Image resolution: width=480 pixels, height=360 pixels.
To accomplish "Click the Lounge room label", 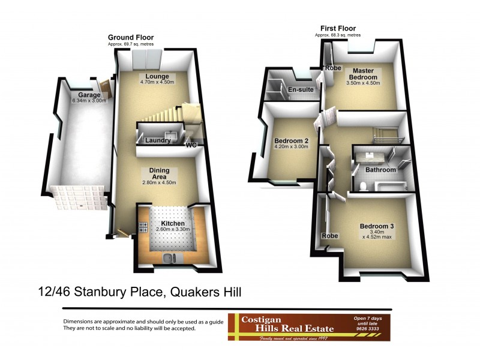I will coord(155,76).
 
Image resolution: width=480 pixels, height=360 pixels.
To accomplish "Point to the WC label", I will coord(191,145).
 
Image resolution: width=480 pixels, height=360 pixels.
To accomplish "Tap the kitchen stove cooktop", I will coord(143,227).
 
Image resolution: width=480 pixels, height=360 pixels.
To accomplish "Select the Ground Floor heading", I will coord(126,37).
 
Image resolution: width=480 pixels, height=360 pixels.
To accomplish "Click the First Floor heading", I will coord(338,28).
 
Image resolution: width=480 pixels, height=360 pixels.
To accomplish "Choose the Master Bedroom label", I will coord(364,74).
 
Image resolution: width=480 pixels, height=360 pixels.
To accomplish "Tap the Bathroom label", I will coord(381,170).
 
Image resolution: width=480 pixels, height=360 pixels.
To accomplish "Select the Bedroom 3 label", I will coord(377,226).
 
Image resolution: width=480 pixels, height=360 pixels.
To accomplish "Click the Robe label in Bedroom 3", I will coord(331,236).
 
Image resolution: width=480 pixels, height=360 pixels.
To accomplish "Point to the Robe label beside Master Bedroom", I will coord(333,68).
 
